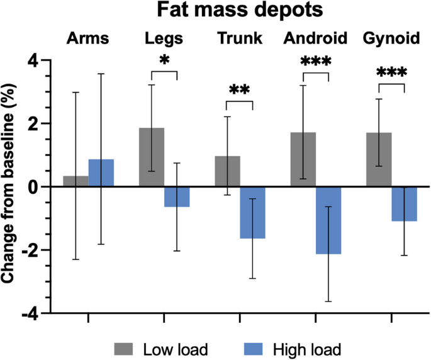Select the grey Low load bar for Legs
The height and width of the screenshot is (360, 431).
pyautogui.click(x=152, y=157)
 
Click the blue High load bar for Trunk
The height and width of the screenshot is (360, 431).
pyautogui.click(x=253, y=212)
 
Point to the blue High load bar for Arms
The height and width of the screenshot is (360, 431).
pyautogui.click(x=101, y=173)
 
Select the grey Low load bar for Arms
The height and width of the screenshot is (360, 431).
pyautogui.click(x=76, y=181)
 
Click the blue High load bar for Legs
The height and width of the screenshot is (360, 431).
pyautogui.click(x=177, y=197)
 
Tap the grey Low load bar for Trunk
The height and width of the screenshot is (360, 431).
pyautogui.click(x=228, y=171)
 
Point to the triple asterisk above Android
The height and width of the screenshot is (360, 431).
pyautogui.click(x=316, y=62)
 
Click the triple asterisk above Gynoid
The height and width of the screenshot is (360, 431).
pyautogui.click(x=391, y=73)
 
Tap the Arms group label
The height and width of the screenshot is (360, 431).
pyautogui.click(x=88, y=39)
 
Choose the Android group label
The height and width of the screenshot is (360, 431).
pyautogui.click(x=315, y=39)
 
